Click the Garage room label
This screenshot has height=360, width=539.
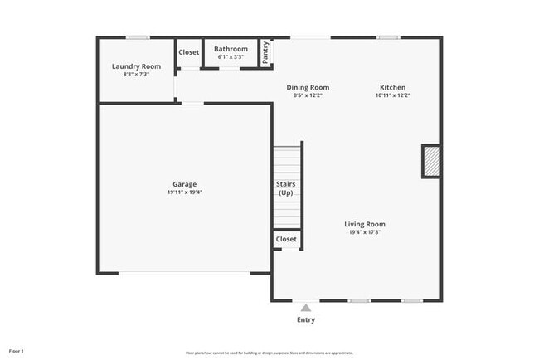pyautogui.click(x=184, y=184)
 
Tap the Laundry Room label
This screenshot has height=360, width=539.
pyautogui.click(x=136, y=66)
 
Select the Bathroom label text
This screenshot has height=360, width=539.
pyautogui.click(x=231, y=49)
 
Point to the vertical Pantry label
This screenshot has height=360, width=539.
pyautogui.click(x=266, y=52)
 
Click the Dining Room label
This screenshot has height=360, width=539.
pyautogui.click(x=308, y=87)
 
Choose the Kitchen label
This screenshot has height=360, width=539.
pyautogui.click(x=392, y=87)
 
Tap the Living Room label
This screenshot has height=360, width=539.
pyautogui.click(x=365, y=224)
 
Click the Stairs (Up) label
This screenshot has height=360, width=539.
pyautogui.click(x=286, y=188)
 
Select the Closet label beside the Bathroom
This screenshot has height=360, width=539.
pyautogui.click(x=189, y=52)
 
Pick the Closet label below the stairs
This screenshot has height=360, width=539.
pyautogui.click(x=286, y=239)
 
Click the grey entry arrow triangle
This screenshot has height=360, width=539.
pyautogui.click(x=306, y=308)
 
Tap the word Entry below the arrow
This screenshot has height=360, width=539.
pyautogui.click(x=306, y=320)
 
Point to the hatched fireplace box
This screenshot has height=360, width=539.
pyautogui.click(x=430, y=161)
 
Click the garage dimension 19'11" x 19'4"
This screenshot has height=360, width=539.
pyautogui.click(x=184, y=192)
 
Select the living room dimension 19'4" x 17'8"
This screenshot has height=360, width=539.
pyautogui.click(x=365, y=232)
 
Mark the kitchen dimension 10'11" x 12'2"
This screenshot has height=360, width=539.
pyautogui.click(x=392, y=95)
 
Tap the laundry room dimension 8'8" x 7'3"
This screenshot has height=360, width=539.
pyautogui.click(x=136, y=75)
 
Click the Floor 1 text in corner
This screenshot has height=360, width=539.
pyautogui.click(x=17, y=351)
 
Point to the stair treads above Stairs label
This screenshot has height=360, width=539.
pyautogui.click(x=286, y=160)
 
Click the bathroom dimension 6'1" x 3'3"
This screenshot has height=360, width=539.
pyautogui.click(x=231, y=57)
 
